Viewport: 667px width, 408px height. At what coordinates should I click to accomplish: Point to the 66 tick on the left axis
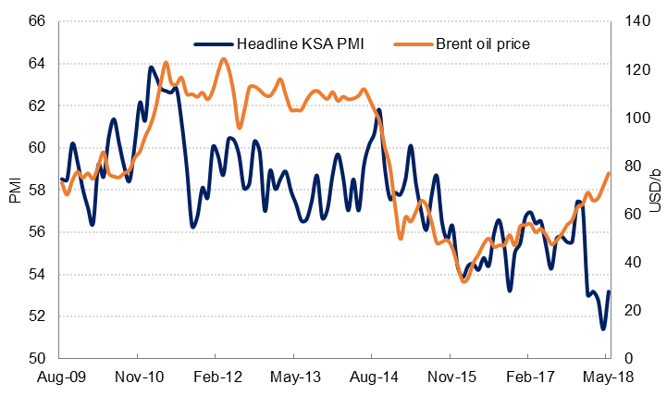(38, 21)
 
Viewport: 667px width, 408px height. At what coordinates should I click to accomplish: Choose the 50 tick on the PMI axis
(38, 358)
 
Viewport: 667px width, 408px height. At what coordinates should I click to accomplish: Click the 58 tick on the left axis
(38, 190)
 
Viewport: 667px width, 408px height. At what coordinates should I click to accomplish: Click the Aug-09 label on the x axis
(59, 378)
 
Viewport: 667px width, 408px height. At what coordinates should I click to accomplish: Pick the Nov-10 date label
(137, 378)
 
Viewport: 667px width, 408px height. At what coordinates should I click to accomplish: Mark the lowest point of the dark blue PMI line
(603, 328)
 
